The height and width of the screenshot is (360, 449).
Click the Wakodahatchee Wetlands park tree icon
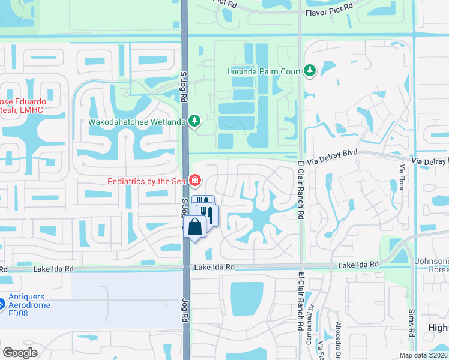click(x=194, y=122)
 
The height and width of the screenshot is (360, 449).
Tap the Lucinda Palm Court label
click(x=264, y=71)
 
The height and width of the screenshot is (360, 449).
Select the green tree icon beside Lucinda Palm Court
click(x=310, y=71)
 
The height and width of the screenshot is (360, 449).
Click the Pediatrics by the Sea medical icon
click(x=194, y=180)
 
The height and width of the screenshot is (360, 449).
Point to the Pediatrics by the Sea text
click(x=146, y=181)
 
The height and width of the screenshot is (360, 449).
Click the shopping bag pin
click(x=196, y=227)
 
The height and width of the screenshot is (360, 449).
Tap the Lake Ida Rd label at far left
click(x=53, y=269)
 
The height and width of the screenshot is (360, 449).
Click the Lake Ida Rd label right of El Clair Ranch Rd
click(x=358, y=265)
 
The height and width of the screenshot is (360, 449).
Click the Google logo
click(x=20, y=353)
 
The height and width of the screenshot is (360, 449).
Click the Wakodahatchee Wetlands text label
click(x=137, y=122)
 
